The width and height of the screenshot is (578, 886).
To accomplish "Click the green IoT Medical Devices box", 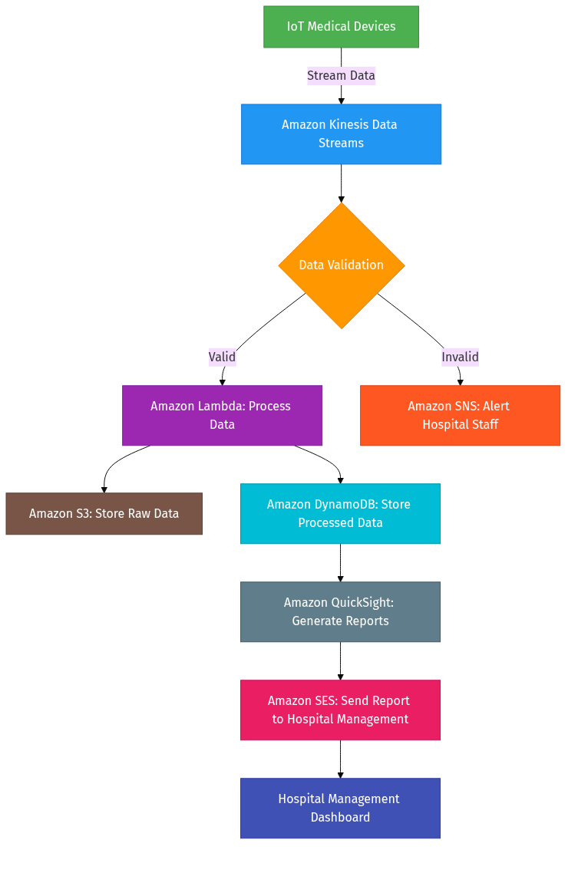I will (341, 27).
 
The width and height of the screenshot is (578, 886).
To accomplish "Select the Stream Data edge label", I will (341, 75).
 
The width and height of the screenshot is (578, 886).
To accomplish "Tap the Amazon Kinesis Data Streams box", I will (341, 134).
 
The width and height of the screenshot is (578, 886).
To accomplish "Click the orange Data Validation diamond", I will (341, 265).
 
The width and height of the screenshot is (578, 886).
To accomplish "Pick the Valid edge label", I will (222, 357).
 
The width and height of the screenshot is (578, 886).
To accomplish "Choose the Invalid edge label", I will (460, 357).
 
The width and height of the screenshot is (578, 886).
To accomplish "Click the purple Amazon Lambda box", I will (222, 415).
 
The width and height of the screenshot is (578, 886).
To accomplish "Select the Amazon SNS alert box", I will (460, 415).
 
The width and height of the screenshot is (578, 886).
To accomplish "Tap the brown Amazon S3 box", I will (104, 513).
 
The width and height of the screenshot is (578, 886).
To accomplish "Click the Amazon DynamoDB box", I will (340, 513).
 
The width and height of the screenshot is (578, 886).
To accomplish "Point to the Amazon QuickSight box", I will (340, 611).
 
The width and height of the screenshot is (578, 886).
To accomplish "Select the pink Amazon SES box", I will (340, 710).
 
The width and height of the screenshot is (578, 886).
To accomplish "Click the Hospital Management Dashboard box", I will (340, 808).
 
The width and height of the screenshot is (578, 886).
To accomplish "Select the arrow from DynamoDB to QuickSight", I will (340, 562).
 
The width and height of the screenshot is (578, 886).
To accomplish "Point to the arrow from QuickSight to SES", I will (340, 660).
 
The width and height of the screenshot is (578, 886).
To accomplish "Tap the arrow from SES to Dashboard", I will (340, 759).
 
